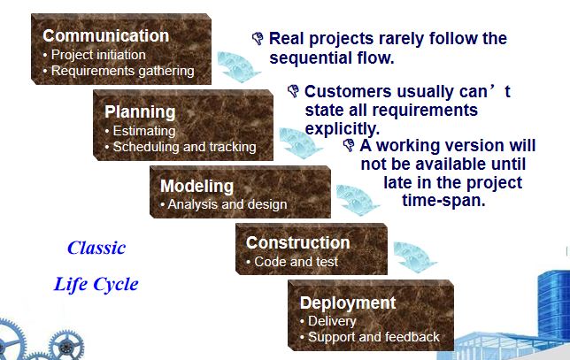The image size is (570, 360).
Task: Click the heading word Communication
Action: pos(106,35)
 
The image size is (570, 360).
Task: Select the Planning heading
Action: pos(140,112)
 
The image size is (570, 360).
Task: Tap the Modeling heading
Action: pos(196,186)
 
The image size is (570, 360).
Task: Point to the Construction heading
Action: pos(297,242)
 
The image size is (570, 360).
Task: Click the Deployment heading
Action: pos(348,303)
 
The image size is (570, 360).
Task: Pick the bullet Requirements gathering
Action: pos(122,71)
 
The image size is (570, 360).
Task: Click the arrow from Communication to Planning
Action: pos(238,67)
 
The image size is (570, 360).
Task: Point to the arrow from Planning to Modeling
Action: pos(300,143)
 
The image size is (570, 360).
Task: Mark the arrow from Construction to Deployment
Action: pos(414,257)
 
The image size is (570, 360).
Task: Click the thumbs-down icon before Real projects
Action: pos(258,38)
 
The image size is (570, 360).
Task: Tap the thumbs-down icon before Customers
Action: pos(293,91)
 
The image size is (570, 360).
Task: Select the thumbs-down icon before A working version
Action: pos(349,145)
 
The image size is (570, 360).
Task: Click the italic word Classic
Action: pos(96,248)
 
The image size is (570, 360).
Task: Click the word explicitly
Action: pos(342,128)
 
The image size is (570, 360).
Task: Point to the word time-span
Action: pos(443,200)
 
